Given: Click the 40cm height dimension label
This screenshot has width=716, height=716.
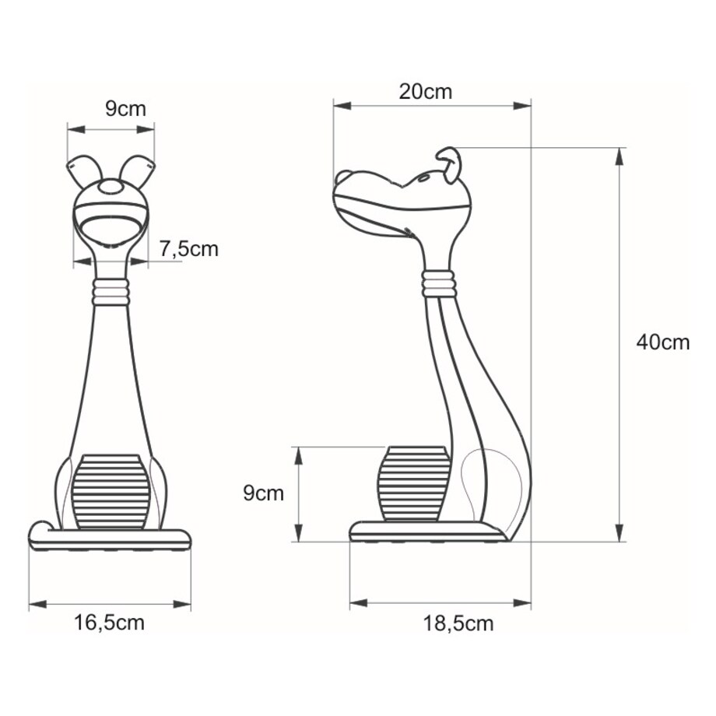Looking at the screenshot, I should click(662, 342).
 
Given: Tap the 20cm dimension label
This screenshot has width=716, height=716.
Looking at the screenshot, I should click(425, 91).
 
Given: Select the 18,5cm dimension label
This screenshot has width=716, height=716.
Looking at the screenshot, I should click(458, 623).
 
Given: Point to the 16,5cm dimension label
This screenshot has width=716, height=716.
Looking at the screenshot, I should click(110, 623).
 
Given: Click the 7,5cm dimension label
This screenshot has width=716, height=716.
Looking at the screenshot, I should click(189, 249).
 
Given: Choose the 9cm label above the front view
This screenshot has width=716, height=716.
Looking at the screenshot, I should click(125, 108).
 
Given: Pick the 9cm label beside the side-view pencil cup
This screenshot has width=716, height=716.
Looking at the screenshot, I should click(264, 493).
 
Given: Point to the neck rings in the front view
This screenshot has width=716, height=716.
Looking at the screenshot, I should click(110, 292).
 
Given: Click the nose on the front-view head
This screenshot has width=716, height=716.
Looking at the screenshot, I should click(111, 188).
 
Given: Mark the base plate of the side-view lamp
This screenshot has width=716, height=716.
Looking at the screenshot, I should click(424, 532).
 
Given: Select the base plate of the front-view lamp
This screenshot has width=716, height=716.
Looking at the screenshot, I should click(109, 537).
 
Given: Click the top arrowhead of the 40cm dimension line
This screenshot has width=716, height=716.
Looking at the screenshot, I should click(619, 154).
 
